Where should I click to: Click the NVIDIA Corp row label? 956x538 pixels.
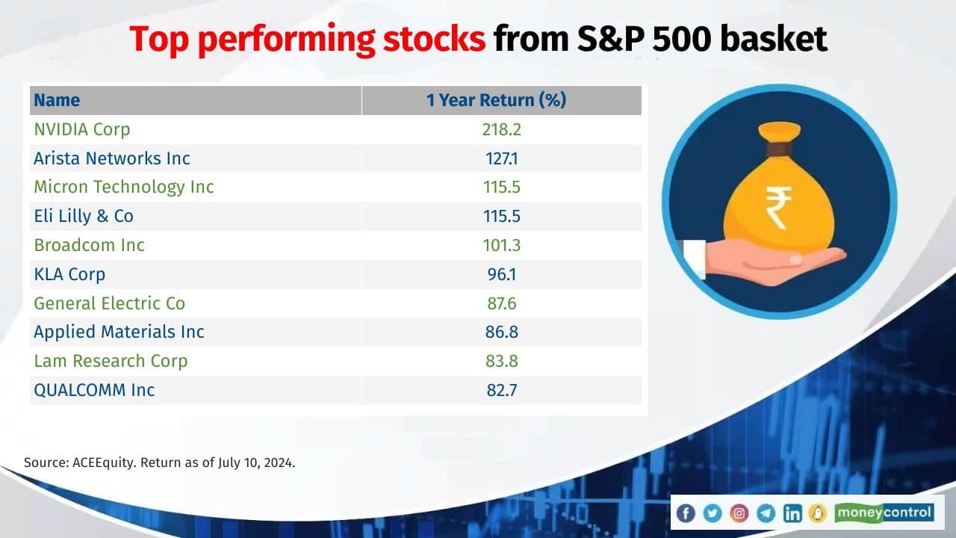82,129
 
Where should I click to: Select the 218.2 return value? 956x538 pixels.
501,129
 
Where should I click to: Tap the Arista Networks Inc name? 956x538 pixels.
112,158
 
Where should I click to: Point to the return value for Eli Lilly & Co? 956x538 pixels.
501,217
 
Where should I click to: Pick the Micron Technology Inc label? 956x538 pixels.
124,188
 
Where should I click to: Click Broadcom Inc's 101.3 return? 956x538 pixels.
501,246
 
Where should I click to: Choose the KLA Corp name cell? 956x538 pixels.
69,274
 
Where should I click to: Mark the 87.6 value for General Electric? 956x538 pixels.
501,303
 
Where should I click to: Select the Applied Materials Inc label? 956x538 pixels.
119,332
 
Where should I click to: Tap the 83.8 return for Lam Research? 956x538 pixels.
501,361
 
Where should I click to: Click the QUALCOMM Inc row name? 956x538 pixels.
94,390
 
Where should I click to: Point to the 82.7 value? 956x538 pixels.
501,390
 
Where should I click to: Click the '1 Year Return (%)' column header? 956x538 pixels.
496,100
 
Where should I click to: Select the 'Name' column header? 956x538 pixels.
57,100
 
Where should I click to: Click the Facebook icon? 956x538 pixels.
686,513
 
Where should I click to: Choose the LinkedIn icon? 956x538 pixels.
792,513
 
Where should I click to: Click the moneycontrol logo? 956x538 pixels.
884,513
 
